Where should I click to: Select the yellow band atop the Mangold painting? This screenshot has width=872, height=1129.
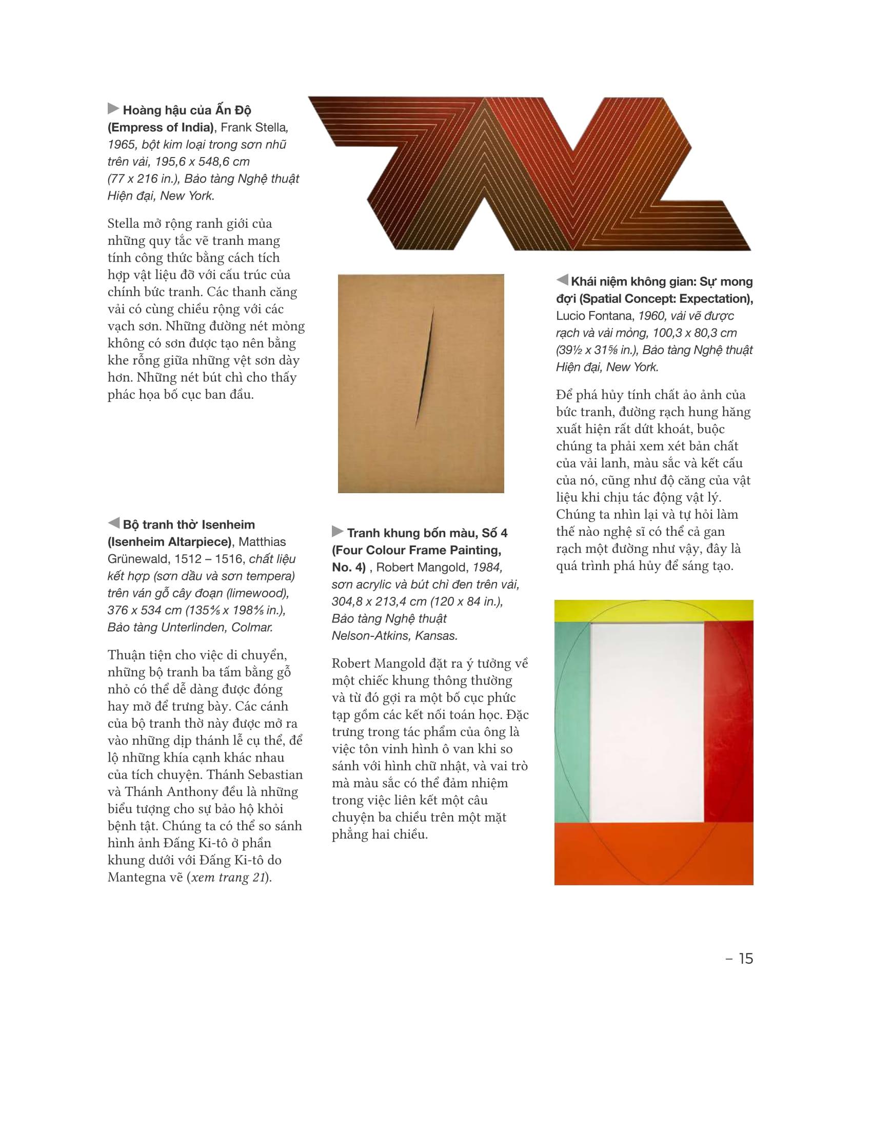653,611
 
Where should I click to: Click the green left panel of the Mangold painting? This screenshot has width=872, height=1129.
571,721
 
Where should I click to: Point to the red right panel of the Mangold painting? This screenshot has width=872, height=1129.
728,721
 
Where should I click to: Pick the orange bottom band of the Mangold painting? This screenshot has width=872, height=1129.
653,853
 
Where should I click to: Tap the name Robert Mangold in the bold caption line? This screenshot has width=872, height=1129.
421,568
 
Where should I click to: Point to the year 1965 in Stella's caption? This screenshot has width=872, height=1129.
121,145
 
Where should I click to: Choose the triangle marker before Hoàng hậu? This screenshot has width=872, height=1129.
113,109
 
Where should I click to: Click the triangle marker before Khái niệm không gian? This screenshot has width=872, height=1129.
562,280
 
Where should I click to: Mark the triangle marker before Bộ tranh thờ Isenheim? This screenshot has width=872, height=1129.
113,523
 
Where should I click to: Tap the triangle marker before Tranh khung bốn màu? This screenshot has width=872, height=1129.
338,532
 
